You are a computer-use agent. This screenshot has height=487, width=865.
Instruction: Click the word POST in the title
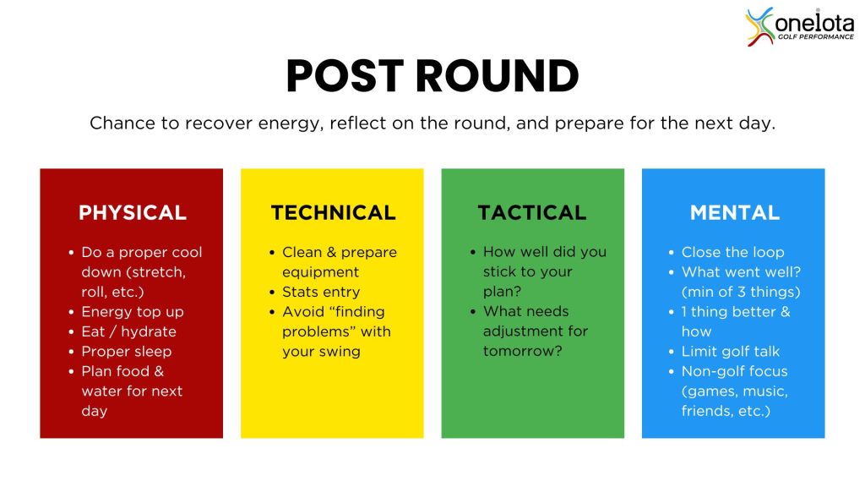345,75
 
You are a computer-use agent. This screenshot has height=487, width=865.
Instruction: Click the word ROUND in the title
497,75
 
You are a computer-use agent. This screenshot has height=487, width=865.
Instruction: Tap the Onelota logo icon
759,26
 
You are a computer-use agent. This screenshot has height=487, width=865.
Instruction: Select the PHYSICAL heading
133,212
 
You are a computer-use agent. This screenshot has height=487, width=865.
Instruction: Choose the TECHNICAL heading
333,212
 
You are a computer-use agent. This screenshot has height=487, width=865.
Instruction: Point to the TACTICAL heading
532,212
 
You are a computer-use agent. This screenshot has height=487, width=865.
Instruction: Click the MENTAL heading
734,212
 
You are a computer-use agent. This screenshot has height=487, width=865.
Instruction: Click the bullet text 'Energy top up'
133,312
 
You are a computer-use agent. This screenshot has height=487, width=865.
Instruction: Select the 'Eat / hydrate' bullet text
128,331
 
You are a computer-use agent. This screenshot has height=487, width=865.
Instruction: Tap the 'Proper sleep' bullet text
127,352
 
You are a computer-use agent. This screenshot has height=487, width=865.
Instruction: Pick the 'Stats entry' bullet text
320,292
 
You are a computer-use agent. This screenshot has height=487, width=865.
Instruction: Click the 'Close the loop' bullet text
732,252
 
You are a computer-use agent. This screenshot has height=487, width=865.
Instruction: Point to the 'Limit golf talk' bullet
731,352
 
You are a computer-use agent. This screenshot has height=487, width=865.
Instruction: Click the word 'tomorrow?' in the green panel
522,351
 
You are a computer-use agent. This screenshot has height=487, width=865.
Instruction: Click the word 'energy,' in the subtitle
291,123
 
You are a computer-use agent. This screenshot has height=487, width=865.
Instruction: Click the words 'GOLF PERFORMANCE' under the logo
815,37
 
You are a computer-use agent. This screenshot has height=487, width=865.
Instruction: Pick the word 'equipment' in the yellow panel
320,273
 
